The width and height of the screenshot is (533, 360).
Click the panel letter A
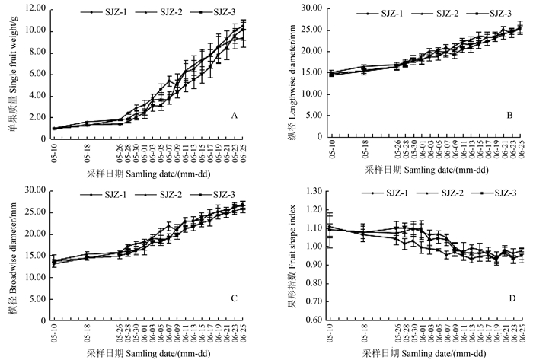pos(235,116)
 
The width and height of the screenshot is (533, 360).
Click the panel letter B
pos(508,116)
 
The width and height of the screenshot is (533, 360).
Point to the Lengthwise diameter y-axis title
pos(286,72)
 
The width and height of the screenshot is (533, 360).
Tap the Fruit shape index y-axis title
pos(286,255)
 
